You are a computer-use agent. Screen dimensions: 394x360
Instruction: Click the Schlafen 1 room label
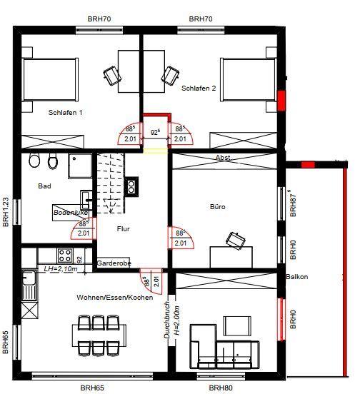coord(66,113)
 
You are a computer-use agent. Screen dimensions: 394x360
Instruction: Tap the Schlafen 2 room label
coord(199,89)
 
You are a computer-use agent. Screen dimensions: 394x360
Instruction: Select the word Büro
coord(217,207)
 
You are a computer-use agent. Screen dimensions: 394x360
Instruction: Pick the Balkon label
coord(296,277)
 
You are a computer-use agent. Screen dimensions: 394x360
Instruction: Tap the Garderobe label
coord(115,263)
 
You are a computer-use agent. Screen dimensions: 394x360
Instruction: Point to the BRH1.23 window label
coord(6,212)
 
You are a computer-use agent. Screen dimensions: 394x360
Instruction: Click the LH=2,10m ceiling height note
coord(60,269)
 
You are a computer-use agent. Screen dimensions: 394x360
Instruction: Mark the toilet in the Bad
coord(51,164)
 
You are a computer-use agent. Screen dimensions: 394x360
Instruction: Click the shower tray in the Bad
coord(78,166)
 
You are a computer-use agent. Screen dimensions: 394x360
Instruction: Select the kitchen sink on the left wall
coord(29,286)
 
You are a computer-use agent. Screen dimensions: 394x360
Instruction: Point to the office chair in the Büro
coord(234,240)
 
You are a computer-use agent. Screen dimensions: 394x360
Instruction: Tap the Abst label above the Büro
coord(223,158)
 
